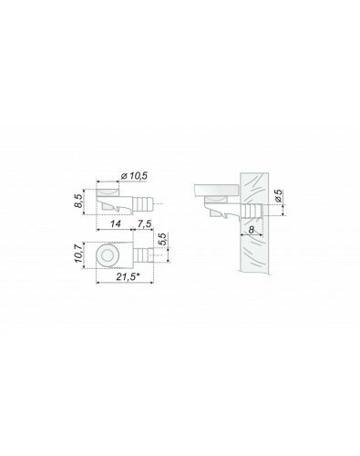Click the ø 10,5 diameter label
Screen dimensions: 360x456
[x=134, y=176]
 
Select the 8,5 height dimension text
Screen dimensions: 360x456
[x=78, y=201]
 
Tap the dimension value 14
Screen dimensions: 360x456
[x=116, y=223]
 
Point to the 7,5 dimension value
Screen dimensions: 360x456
[x=144, y=223]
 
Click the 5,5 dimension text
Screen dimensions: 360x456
[x=162, y=239]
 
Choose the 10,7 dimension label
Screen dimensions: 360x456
[x=78, y=254]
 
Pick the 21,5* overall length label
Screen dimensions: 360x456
[x=128, y=276]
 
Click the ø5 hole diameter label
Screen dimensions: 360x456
[x=278, y=196]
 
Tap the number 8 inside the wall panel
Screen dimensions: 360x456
[x=252, y=230]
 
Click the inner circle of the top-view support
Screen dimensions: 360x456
[x=108, y=255]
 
